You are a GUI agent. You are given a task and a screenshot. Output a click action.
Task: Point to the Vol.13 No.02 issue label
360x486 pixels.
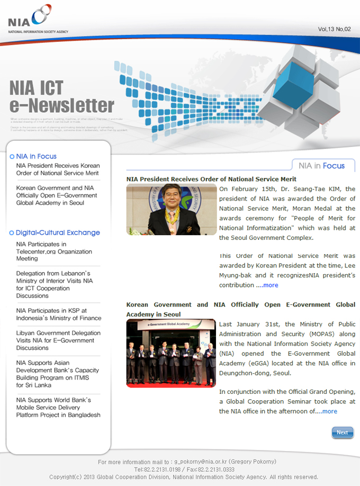coord(334,29)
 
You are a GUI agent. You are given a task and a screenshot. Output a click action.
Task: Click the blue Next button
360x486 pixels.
coord(342,433)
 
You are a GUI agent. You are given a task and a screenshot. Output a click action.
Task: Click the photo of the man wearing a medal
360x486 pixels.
coord(172,209)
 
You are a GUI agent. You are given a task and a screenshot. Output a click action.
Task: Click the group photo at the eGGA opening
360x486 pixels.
coord(172,353)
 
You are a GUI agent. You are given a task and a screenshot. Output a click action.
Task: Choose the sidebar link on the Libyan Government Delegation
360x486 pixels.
coord(58,340)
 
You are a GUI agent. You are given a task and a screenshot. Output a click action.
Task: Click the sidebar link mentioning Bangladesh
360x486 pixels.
coord(58,408)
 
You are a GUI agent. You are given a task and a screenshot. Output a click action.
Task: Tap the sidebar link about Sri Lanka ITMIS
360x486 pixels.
coord(57,374)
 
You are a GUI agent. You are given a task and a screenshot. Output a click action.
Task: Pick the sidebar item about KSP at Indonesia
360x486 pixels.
coord(58,314)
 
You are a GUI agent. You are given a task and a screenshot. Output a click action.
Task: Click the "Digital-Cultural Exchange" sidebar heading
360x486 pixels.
coord(57,232)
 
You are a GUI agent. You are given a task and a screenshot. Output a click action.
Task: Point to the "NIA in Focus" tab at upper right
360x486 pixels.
coord(322,166)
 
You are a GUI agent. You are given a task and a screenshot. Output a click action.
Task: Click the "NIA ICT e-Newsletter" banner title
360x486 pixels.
coord(61,97)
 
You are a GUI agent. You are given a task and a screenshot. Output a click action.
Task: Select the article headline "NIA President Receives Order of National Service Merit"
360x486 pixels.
coord(211,179)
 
